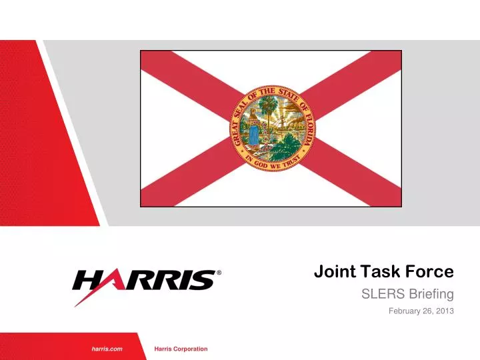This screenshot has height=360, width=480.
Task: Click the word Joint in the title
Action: click(x=331, y=271)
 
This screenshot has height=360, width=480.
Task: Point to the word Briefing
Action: click(x=429, y=294)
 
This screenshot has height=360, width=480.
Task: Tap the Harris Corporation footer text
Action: click(x=181, y=349)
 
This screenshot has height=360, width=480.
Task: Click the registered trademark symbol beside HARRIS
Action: click(x=219, y=273)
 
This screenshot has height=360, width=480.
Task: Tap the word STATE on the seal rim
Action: click(x=289, y=95)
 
